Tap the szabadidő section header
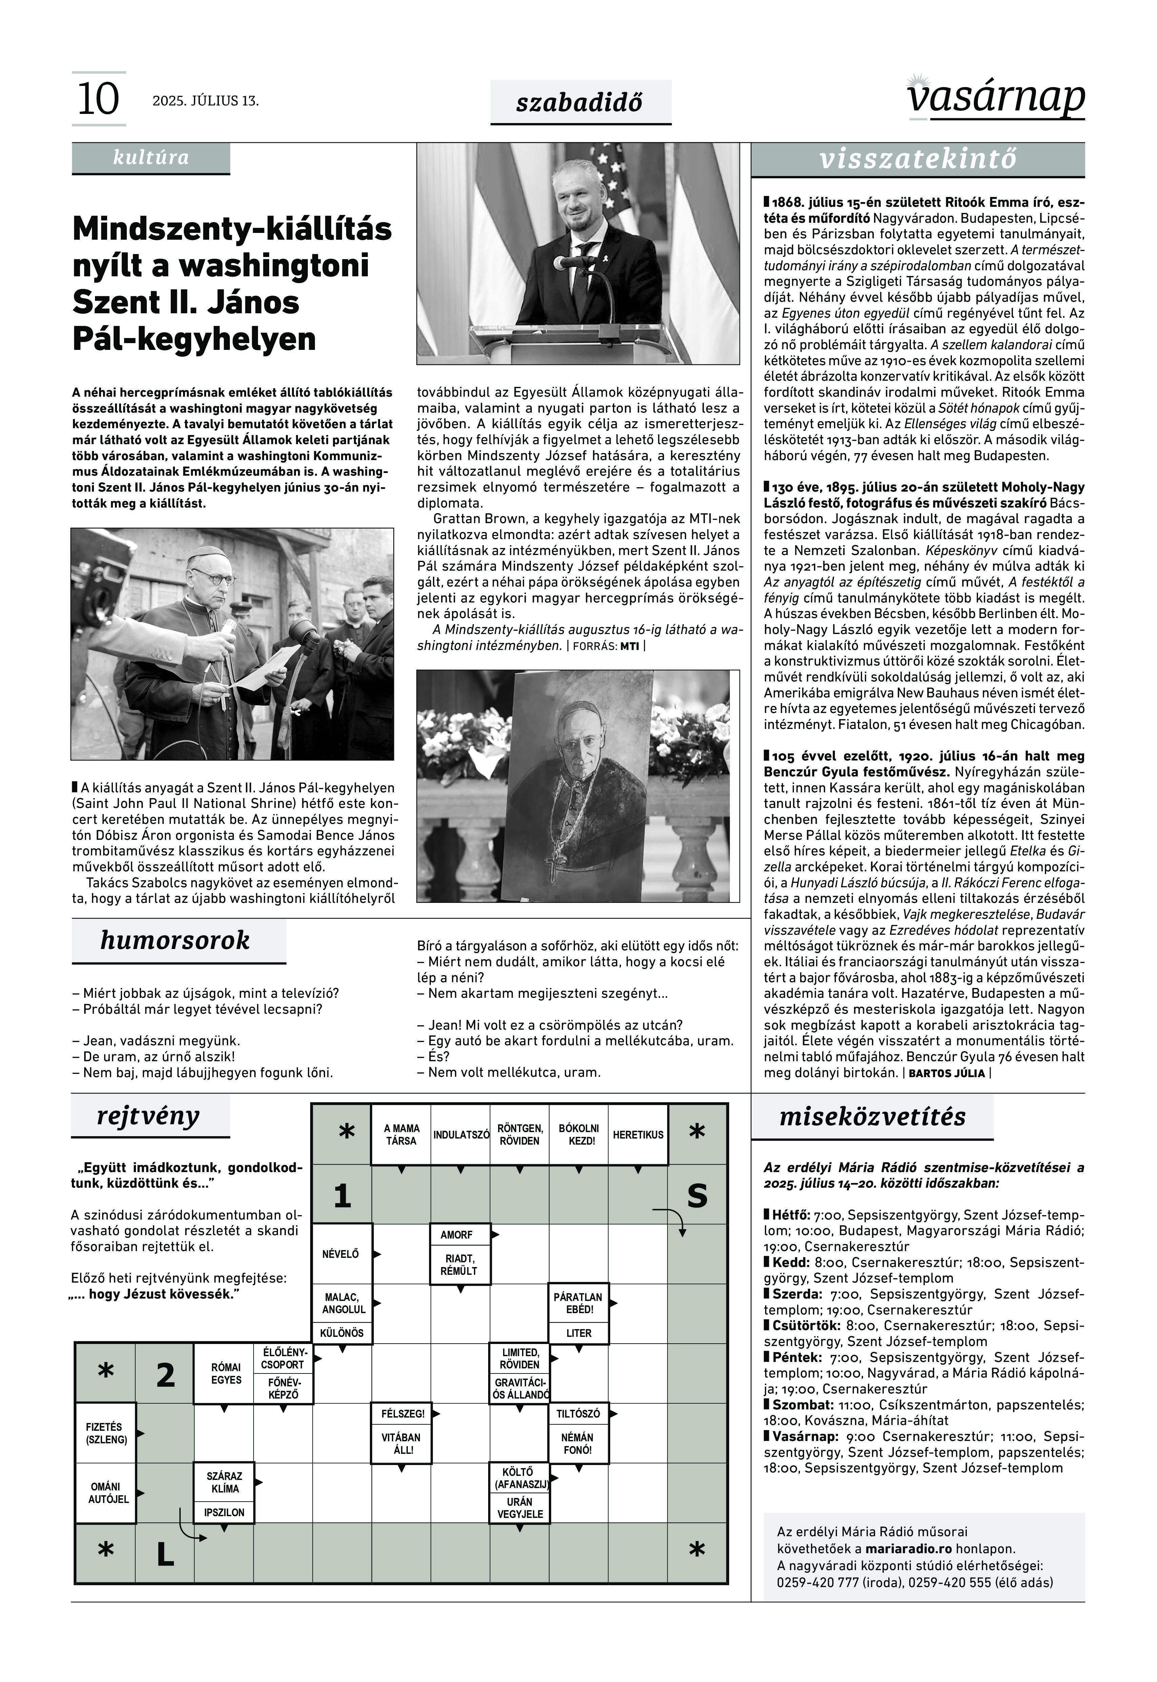pos(580,102)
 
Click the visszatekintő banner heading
pos(918,159)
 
